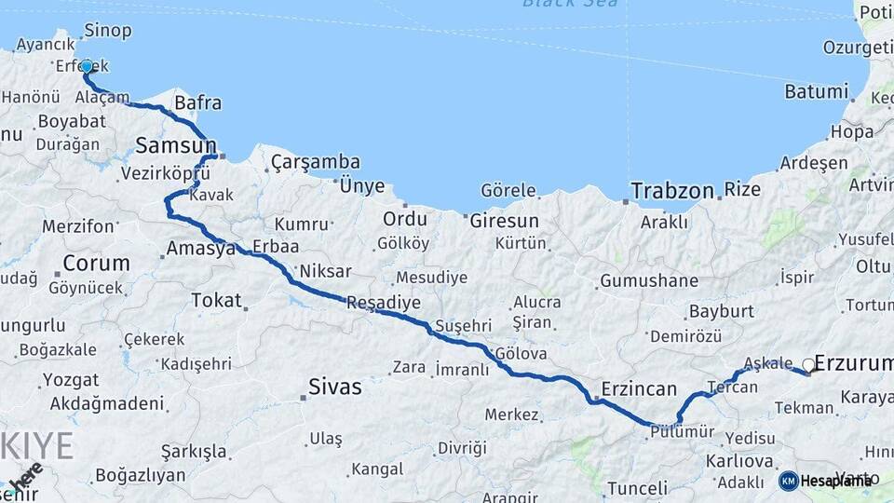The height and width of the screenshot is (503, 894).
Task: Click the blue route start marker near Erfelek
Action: (x=87, y=66)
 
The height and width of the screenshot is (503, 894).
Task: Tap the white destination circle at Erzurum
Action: (x=808, y=365)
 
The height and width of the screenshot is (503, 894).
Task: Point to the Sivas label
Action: (x=334, y=387)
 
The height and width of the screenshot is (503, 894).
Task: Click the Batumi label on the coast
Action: (x=817, y=91)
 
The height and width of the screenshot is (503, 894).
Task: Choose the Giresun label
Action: (x=504, y=221)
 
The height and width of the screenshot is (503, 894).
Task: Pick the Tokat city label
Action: (x=215, y=300)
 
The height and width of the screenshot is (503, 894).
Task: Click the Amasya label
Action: (x=200, y=249)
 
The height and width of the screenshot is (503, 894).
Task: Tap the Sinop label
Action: (x=107, y=31)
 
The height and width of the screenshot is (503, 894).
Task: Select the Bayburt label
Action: (x=721, y=311)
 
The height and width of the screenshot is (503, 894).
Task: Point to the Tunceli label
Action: (x=637, y=488)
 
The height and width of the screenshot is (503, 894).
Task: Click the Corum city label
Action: (x=96, y=264)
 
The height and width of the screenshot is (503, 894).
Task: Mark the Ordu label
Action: (x=404, y=219)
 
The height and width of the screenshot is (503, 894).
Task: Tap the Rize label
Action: (x=742, y=190)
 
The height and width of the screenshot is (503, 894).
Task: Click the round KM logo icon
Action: (x=788, y=481)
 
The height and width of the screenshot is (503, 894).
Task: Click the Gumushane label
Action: (x=649, y=280)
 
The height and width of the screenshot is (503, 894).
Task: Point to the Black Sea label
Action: (x=557, y=4)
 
